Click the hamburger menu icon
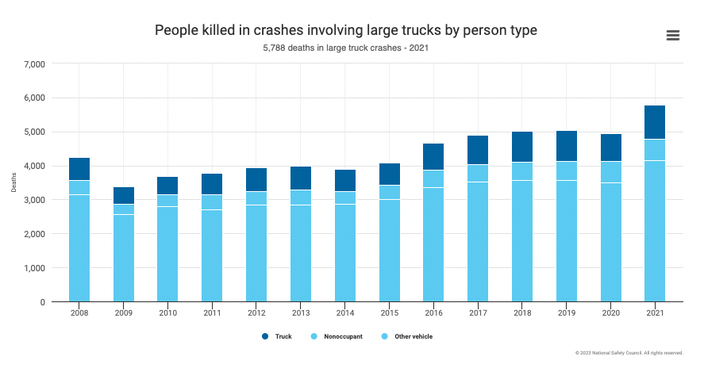pos(673,35)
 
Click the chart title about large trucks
pos(346,30)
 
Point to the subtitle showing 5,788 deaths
pos(346,48)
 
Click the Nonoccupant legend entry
pos(339,336)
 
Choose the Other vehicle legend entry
pos(407,336)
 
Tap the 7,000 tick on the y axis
pos(36,63)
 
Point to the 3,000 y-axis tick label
pos(36,200)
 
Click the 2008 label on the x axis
pos(79,314)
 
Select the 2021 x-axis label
pos(654,314)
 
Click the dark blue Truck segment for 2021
pos(654,122)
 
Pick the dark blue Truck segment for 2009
pos(124,195)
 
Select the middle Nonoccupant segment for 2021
pos(654,150)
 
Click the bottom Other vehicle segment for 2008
pos(79,248)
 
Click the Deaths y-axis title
pos(13,183)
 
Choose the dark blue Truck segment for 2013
pos(300,178)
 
